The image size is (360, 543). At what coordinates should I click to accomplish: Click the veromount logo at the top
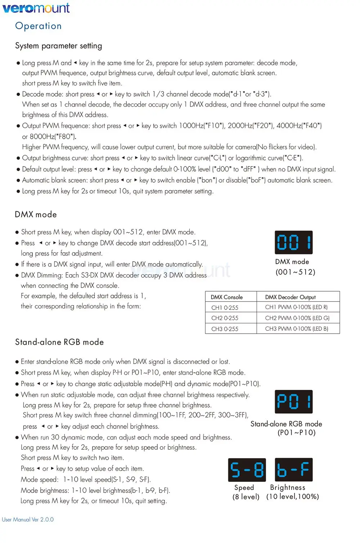click(36, 8)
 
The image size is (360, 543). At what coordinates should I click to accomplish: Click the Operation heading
click(39, 26)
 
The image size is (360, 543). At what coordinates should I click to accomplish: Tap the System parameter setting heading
click(59, 46)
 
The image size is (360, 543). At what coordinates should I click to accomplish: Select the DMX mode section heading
click(36, 214)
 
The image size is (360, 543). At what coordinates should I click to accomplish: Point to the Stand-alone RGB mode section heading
click(59, 342)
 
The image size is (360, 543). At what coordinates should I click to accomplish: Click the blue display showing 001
click(293, 242)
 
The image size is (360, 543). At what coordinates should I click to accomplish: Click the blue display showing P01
click(293, 401)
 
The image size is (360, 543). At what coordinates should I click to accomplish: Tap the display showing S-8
click(247, 470)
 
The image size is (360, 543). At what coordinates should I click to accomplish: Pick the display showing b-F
click(293, 470)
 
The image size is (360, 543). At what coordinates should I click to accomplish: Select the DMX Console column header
click(227, 297)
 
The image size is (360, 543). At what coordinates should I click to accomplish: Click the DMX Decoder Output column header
click(291, 297)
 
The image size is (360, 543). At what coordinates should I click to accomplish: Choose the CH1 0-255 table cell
click(225, 307)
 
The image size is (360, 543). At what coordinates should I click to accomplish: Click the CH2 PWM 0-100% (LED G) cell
click(297, 318)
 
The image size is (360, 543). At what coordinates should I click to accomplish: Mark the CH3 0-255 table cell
click(225, 329)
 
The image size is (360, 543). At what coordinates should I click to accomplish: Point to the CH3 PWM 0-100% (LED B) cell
click(297, 329)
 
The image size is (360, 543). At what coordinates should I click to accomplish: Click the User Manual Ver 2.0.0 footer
click(28, 520)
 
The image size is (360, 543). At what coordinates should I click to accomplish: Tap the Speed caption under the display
click(244, 488)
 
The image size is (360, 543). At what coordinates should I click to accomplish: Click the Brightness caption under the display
click(288, 488)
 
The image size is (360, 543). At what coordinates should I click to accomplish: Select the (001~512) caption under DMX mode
click(296, 272)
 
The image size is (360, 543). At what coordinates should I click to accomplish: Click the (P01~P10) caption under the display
click(297, 432)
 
